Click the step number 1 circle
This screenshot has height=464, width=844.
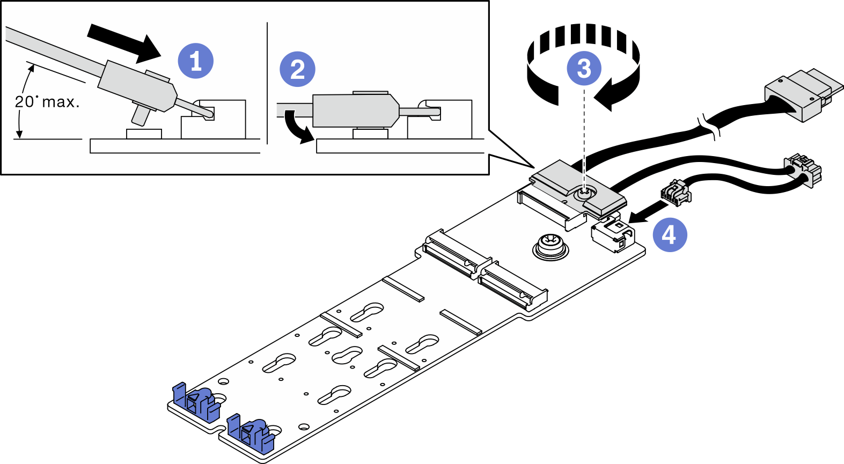click(196, 61)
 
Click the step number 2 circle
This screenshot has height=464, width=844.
click(297, 69)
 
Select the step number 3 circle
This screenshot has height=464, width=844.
click(584, 68)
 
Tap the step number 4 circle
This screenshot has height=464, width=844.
click(669, 234)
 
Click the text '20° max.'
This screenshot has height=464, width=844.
click(47, 102)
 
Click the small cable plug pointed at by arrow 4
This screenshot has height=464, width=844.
click(676, 193)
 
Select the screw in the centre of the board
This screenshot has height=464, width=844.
click(549, 247)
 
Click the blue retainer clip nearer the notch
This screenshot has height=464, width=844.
click(251, 431)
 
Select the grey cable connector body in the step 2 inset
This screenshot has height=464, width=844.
click(354, 112)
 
